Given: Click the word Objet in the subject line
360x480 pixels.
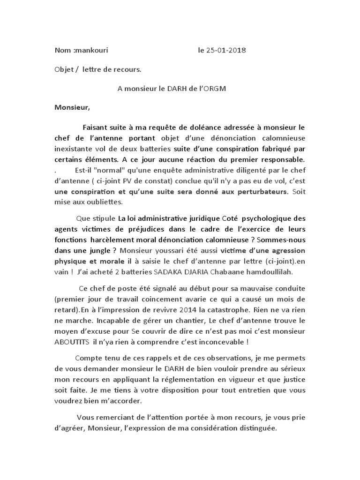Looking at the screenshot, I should coord(62,69).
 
